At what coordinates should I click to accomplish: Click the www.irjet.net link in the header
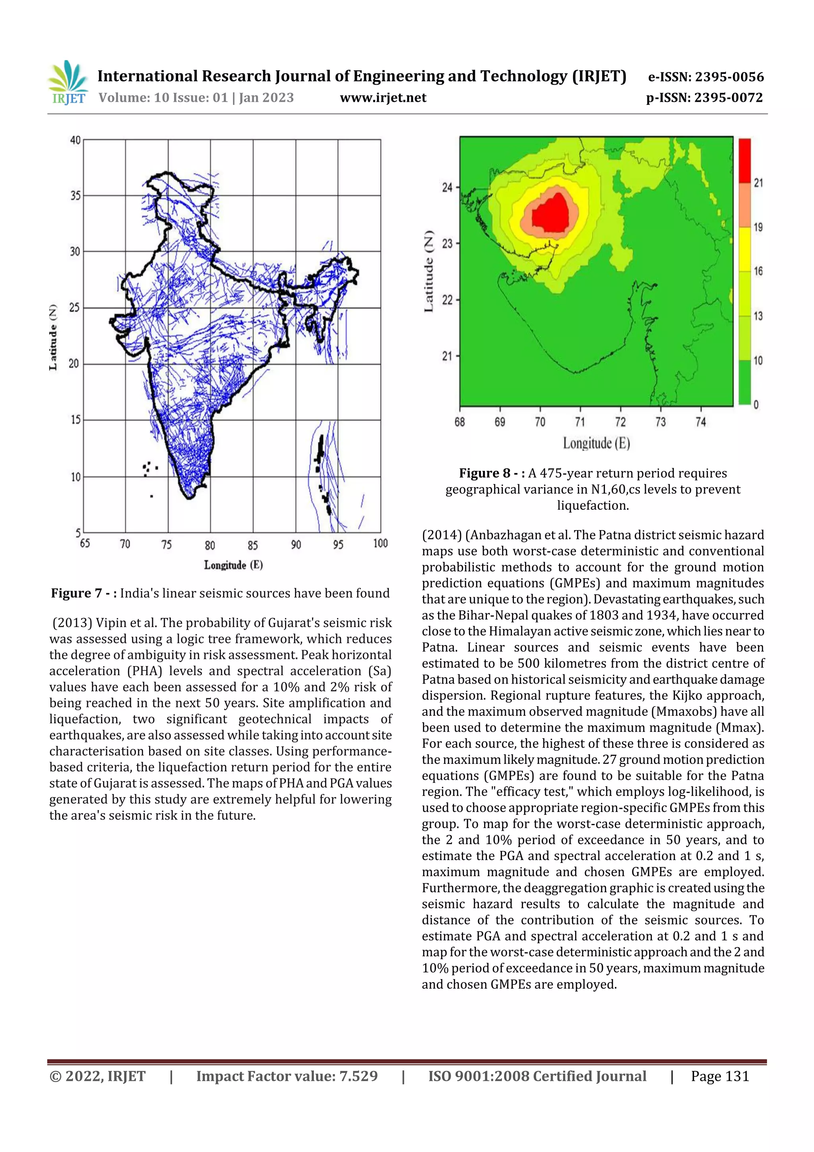[383, 98]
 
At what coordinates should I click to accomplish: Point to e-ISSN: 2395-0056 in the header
[705, 77]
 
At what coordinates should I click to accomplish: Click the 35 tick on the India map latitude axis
[75, 196]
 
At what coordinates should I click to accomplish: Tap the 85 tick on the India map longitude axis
[253, 545]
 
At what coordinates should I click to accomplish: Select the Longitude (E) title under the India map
[233, 565]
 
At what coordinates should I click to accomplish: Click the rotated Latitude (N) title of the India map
[53, 337]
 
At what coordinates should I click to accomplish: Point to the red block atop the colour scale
[744, 161]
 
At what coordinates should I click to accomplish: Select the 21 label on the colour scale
[758, 183]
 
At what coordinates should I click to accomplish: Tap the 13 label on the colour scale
[758, 316]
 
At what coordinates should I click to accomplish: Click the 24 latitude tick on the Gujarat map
[447, 188]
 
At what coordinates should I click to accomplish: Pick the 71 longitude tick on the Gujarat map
[580, 422]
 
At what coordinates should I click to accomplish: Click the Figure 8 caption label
[492, 473]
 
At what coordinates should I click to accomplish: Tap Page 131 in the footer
[719, 1076]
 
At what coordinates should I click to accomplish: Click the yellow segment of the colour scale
[744, 249]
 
